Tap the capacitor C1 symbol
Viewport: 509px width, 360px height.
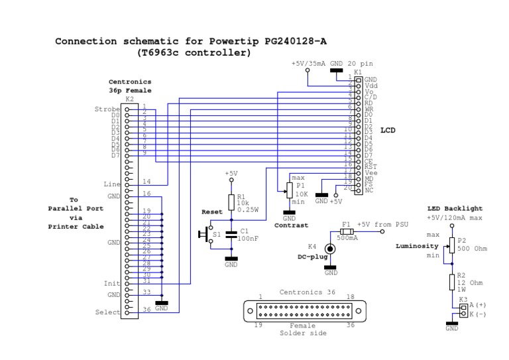coord(231,234)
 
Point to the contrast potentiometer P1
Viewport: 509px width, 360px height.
coord(288,190)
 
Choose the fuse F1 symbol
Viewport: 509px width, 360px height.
coord(346,231)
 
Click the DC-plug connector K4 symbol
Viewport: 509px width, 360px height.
coord(329,249)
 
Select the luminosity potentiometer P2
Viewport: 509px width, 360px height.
coord(452,245)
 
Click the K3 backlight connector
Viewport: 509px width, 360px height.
coord(463,310)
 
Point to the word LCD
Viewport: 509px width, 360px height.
coord(388,131)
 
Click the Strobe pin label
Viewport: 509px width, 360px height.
coord(107,109)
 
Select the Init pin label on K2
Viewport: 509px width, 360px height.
coord(112,284)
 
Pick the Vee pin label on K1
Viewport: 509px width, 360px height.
coord(370,172)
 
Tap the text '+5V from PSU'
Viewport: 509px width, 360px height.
coord(384,225)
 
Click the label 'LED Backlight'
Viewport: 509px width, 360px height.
coord(455,208)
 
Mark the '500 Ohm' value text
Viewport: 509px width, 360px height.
coord(473,249)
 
